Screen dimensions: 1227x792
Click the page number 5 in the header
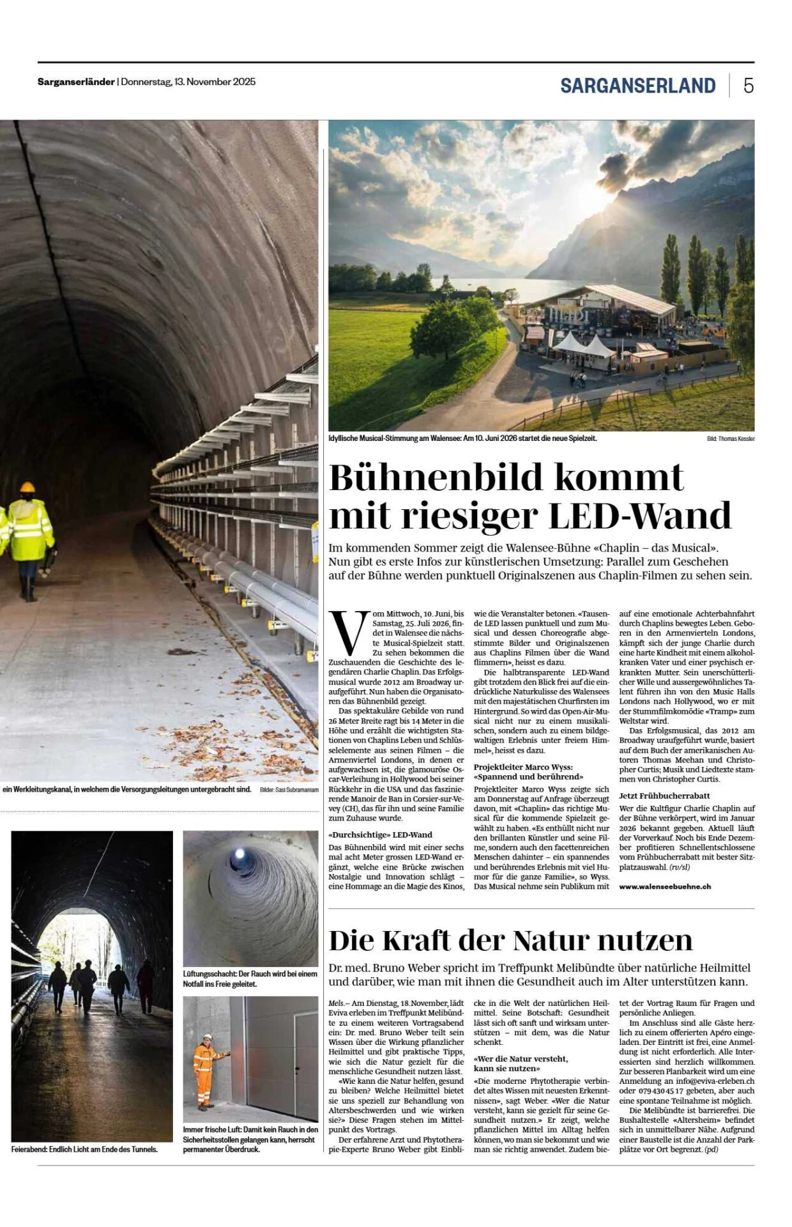tap(748, 86)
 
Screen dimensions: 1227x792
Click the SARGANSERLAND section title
tap(637, 86)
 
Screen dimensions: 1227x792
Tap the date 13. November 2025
tap(215, 82)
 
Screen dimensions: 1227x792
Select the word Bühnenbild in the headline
tap(438, 477)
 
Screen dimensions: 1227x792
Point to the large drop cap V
tap(348, 632)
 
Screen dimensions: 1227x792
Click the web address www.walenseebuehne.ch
tap(664, 886)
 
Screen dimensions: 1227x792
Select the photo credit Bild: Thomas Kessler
tap(730, 439)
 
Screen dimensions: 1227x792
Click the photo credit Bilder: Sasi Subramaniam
tap(289, 790)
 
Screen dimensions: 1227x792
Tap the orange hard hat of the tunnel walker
tap(27, 487)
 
